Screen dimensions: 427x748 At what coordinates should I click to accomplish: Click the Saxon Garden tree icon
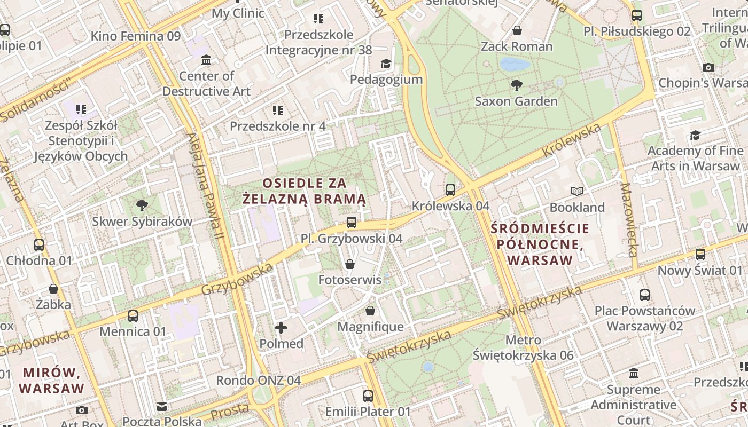(516, 85)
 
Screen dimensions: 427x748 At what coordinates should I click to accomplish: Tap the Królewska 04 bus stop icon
(450, 189)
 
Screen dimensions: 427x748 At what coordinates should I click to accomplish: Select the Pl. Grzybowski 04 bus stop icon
(351, 222)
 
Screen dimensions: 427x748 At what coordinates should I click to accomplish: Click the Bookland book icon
(577, 191)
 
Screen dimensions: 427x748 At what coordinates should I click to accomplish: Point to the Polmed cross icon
(281, 327)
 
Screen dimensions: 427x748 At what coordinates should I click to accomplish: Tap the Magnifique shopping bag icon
(370, 310)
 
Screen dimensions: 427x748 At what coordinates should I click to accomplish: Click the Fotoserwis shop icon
(350, 264)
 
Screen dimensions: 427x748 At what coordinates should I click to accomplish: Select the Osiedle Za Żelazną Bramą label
(304, 191)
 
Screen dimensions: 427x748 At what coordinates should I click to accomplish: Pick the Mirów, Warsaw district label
(52, 380)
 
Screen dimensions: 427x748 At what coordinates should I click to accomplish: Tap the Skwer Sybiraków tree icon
(142, 205)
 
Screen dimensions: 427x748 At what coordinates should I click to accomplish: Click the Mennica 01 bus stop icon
(133, 315)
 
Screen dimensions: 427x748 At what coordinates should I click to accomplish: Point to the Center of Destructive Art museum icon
(206, 60)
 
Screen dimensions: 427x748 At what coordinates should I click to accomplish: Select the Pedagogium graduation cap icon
(386, 64)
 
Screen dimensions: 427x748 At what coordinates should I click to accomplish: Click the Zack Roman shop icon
(517, 30)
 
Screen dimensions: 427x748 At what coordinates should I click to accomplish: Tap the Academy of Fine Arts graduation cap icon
(695, 135)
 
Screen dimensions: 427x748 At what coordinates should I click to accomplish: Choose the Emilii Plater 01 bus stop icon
(368, 396)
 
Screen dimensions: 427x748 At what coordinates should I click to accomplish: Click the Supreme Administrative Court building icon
(634, 373)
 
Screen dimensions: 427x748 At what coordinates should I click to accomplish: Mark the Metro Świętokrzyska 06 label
(523, 347)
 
